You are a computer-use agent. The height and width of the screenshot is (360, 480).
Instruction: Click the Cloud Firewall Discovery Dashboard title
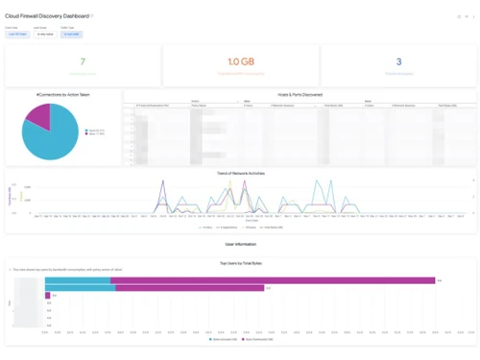click(48, 15)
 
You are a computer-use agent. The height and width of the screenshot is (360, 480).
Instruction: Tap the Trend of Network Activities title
click(241, 174)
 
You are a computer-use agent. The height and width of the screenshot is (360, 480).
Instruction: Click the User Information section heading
click(240, 245)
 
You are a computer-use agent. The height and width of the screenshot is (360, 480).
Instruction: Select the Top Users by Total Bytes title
click(240, 262)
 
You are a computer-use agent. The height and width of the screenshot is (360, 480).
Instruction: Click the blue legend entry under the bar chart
click(223, 340)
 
